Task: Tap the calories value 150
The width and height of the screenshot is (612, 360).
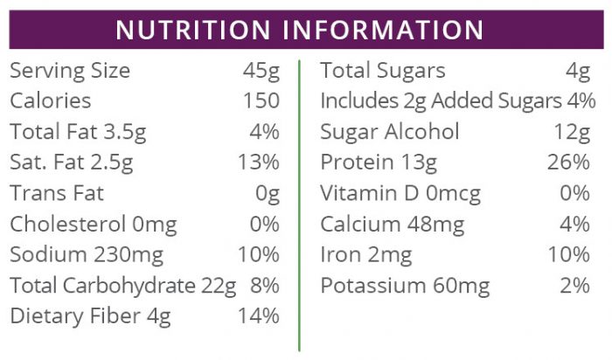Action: pos(261,102)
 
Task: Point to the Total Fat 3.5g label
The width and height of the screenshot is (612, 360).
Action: pos(77,132)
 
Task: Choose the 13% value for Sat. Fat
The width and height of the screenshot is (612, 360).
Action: pos(258,163)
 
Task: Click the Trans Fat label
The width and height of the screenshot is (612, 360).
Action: pos(57,193)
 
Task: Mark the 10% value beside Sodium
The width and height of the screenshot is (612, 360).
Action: pos(258,255)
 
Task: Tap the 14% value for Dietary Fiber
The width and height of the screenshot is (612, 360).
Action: pos(258,316)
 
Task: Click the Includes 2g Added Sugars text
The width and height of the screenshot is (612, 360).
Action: pos(441,102)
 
